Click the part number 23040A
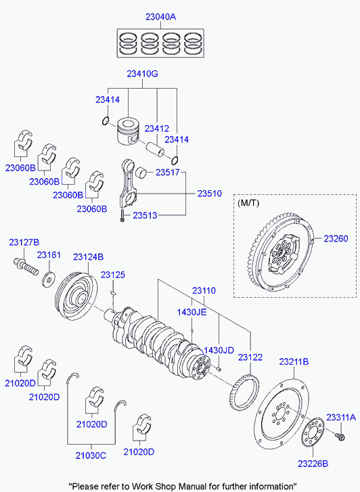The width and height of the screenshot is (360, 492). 160,17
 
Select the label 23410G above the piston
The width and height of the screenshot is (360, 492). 142,74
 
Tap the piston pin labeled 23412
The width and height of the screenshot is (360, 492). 156,148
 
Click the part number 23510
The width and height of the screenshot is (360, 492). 209,194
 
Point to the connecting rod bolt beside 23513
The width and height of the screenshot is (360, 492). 122,216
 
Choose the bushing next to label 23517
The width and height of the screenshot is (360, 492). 141,172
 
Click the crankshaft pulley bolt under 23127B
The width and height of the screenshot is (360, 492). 26,265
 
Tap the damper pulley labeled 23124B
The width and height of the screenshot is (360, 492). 76,296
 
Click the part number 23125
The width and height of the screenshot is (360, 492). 113,275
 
